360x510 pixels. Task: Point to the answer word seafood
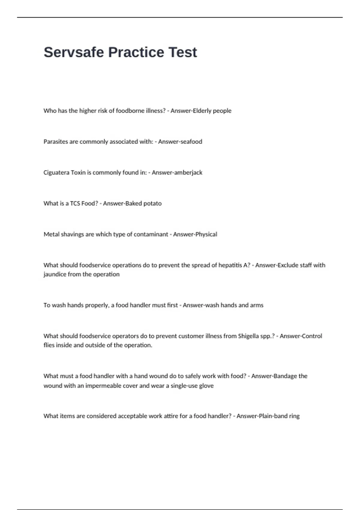191,142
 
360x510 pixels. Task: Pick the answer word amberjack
189,172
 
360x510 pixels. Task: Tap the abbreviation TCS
75,203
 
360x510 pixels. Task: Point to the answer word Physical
206,234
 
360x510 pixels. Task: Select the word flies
49,345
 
